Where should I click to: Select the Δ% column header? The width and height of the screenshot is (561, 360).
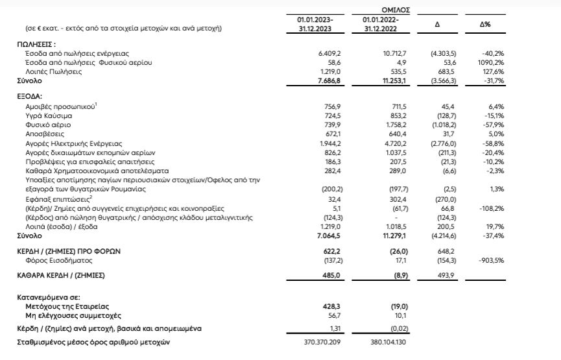pyautogui.click(x=484, y=24)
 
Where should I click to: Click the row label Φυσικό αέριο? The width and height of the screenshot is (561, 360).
pyautogui.click(x=43, y=124)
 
